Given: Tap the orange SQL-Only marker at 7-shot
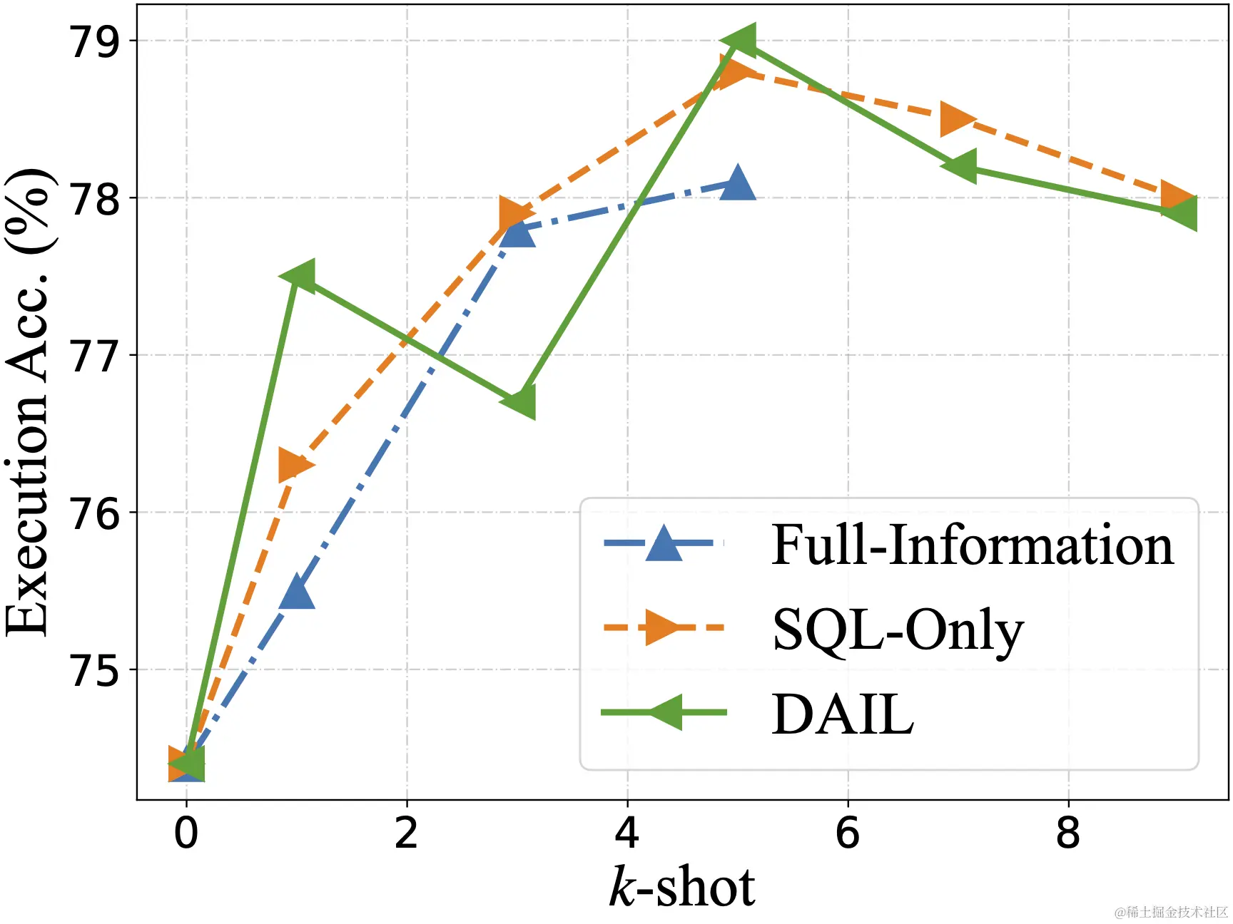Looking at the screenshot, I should point(958,119).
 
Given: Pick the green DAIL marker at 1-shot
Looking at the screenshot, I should point(298,276).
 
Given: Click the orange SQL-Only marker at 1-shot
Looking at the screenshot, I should point(294,466).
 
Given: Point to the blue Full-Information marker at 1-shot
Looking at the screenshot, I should point(297,592).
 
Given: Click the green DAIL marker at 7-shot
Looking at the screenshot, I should point(958,166).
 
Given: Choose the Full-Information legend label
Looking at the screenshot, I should point(972,545).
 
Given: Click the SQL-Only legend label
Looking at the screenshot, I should point(898,630).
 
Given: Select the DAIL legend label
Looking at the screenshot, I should point(843,714).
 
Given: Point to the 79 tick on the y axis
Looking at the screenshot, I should point(94,41).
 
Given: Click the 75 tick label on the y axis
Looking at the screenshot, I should point(94,670).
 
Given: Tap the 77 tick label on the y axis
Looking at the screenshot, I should point(94,356).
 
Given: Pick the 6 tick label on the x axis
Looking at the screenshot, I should point(848,833).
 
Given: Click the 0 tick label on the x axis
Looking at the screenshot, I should point(186,833).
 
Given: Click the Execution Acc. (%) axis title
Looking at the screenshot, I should point(29,403).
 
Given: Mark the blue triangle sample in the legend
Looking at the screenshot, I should point(664,543).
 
